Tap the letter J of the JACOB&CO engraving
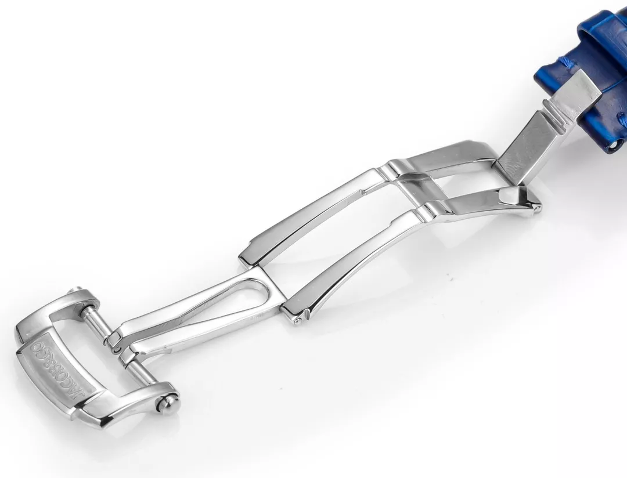[87, 393]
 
